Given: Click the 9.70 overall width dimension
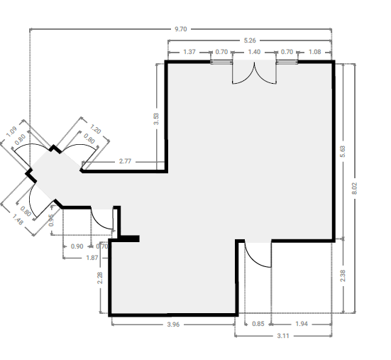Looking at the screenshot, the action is (180, 29).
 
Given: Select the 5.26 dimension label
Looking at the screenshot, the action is (250, 40).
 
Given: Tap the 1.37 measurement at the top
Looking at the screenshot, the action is (189, 52).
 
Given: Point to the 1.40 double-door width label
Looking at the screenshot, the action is (254, 52).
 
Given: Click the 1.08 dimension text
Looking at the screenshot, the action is (314, 52).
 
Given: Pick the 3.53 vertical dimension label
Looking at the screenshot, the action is (156, 119).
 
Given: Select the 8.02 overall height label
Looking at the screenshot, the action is (355, 188).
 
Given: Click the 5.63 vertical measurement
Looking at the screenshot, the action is (343, 151).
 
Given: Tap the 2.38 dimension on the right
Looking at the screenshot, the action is (343, 276).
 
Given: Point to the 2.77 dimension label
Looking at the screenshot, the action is (125, 161).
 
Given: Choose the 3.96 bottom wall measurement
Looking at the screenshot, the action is (173, 324).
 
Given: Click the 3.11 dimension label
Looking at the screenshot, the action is (283, 336).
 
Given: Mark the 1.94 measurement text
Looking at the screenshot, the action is (302, 324).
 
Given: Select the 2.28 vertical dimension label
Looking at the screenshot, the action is (100, 278).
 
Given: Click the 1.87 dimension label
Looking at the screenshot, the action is (92, 258).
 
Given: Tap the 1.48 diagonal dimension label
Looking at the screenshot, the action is (18, 220).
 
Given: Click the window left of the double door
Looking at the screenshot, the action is (221, 62).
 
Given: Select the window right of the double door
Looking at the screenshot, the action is (287, 62).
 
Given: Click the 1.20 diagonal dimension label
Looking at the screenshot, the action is (95, 129).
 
